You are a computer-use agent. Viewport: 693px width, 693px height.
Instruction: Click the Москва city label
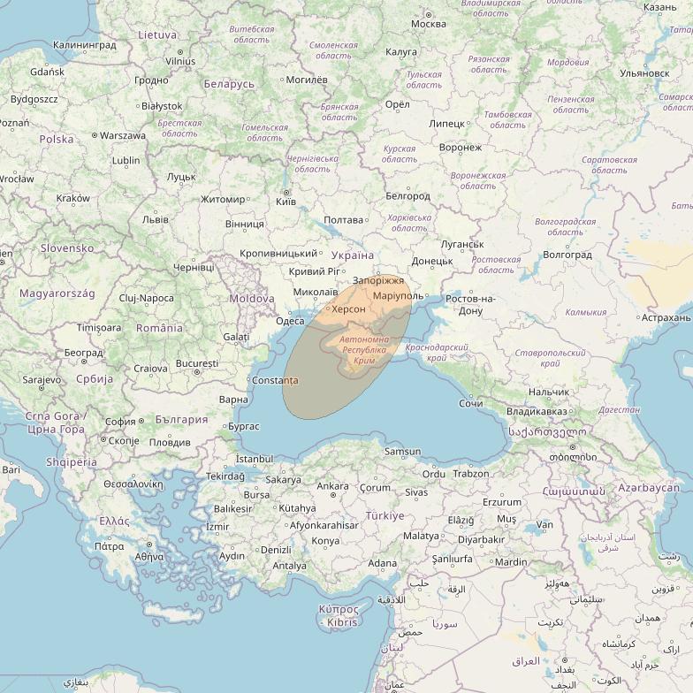[429, 24]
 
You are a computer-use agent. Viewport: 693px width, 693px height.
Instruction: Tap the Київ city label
[286, 202]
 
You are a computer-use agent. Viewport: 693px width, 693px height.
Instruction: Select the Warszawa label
[122, 136]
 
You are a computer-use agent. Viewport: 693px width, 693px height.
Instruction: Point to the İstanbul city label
[255, 459]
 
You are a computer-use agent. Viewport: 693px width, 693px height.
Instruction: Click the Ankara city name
[332, 486]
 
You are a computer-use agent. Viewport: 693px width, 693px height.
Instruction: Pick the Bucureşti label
[196, 363]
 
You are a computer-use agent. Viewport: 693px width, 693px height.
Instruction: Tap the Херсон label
[348, 309]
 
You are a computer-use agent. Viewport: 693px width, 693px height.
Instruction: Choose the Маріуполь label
[399, 295]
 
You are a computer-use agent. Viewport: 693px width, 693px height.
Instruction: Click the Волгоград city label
[567, 255]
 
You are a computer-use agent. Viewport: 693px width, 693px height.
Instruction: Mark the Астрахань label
[666, 317]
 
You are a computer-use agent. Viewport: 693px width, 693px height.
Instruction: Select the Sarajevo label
[42, 379]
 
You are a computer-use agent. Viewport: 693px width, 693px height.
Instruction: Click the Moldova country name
[252, 299]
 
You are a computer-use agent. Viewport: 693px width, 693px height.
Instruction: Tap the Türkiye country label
[385, 515]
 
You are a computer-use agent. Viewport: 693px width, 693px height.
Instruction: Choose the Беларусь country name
[228, 84]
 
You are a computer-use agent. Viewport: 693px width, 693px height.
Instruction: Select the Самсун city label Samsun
[403, 452]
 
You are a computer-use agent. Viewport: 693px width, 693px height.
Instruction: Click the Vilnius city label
[179, 61]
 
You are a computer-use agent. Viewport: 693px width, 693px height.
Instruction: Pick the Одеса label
[290, 321]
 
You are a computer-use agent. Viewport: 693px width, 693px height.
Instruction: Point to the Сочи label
[471, 404]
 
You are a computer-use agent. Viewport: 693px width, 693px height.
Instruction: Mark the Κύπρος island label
[338, 609]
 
